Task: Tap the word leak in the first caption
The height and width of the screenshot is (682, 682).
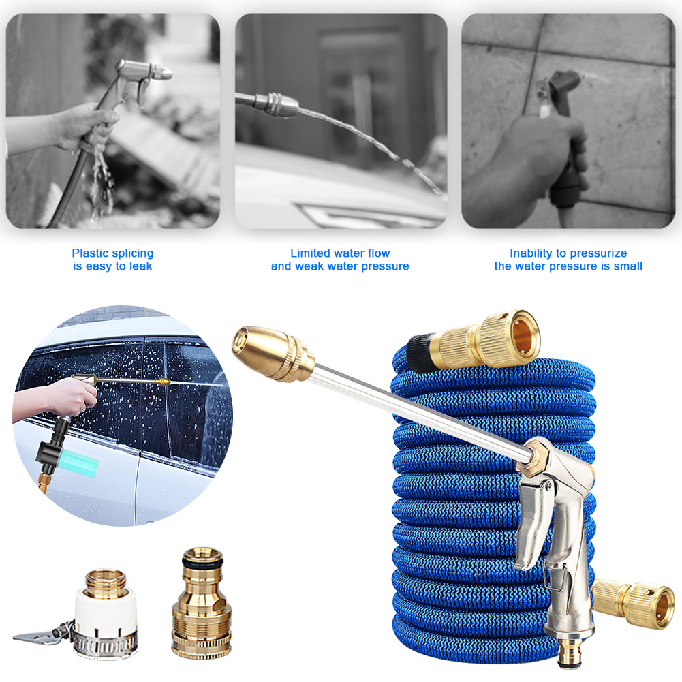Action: (x=140, y=266)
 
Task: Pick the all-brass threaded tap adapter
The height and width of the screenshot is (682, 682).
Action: (x=202, y=602)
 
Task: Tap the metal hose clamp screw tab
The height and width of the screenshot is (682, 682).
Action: (x=42, y=635)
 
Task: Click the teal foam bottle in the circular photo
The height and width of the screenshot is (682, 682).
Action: (x=78, y=463)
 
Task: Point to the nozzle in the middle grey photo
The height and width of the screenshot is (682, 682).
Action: (x=279, y=104)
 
